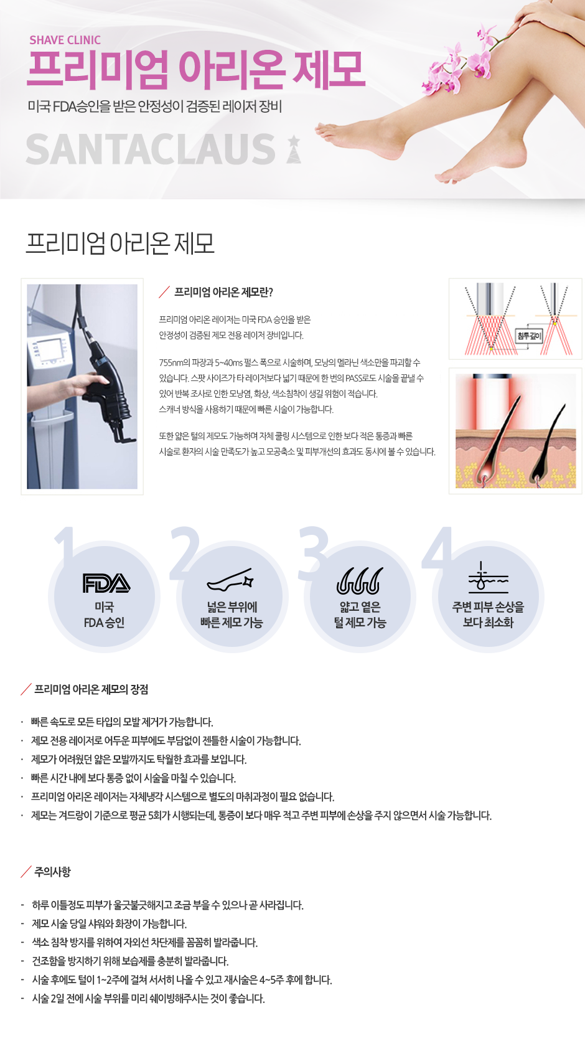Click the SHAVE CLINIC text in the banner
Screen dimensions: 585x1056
[65, 40]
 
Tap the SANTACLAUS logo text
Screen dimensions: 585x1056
[151, 149]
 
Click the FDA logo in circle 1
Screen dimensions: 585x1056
[106, 583]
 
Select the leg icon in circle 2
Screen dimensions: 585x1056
[231, 580]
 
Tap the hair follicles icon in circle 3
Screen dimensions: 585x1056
[360, 581]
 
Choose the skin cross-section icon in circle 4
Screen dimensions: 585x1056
[488, 577]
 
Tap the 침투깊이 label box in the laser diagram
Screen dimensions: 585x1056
[529, 336]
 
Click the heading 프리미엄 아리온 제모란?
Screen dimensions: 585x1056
[223, 292]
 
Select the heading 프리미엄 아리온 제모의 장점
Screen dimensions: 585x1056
[91, 689]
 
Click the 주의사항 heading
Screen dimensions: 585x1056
[52, 872]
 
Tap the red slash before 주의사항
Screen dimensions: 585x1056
[26, 872]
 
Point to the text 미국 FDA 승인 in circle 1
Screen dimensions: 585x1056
[104, 615]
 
